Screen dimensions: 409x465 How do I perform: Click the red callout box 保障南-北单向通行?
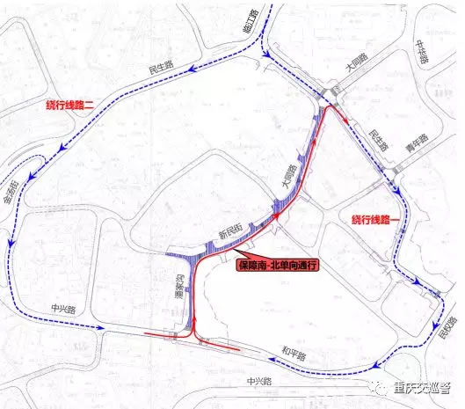[276, 264]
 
